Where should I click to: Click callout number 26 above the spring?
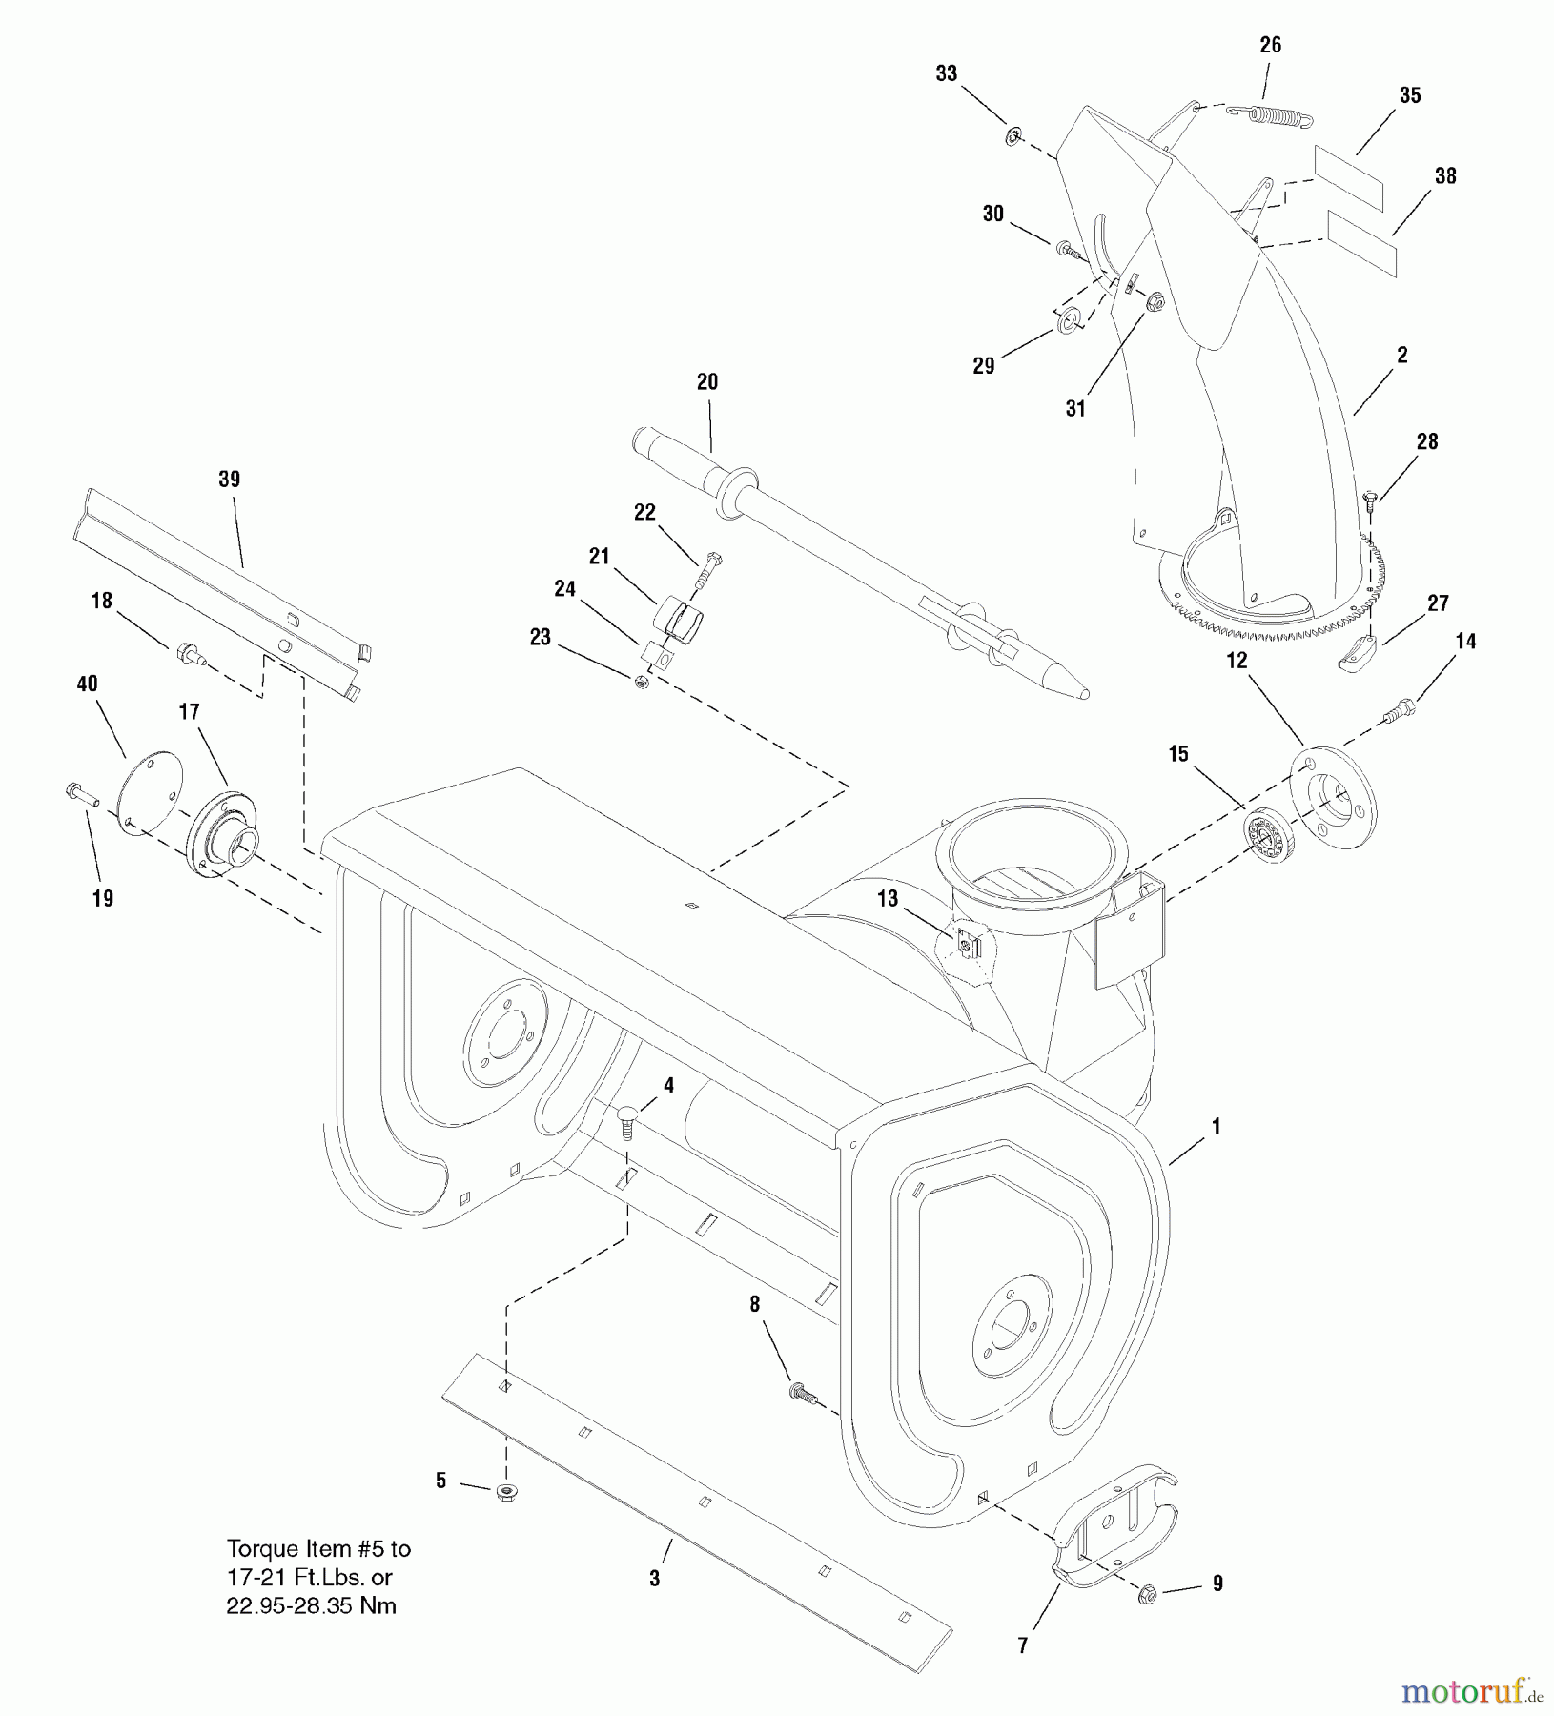click(1270, 45)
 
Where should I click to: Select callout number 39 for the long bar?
click(229, 480)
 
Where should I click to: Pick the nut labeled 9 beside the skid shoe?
click(1148, 1594)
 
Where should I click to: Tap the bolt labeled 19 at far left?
click(80, 791)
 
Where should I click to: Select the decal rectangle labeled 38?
click(1361, 244)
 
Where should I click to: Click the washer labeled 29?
click(1068, 321)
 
